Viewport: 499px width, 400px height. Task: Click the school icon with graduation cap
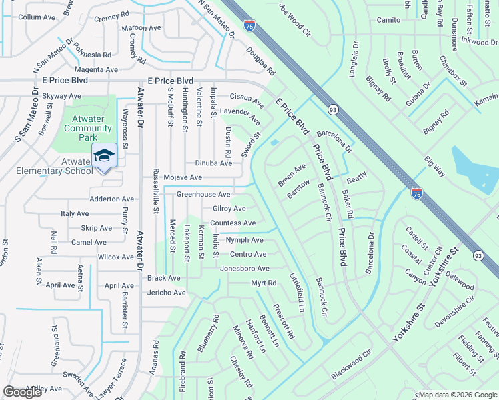point(104,155)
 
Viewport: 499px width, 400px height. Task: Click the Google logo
point(23,392)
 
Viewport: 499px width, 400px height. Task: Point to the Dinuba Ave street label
point(213,163)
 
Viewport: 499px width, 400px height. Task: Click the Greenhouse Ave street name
point(203,194)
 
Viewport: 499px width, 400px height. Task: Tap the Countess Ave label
point(233,223)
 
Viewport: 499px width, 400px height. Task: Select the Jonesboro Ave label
point(245,269)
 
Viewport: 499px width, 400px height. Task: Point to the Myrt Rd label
point(264,283)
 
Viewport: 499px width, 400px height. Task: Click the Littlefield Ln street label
point(296,292)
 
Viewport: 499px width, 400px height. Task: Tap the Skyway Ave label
point(61,96)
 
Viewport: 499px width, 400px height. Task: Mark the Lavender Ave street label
point(240,115)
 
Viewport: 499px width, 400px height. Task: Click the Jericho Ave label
point(166,293)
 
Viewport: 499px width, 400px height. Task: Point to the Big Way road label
point(435,167)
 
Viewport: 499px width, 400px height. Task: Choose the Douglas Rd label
point(260,61)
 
